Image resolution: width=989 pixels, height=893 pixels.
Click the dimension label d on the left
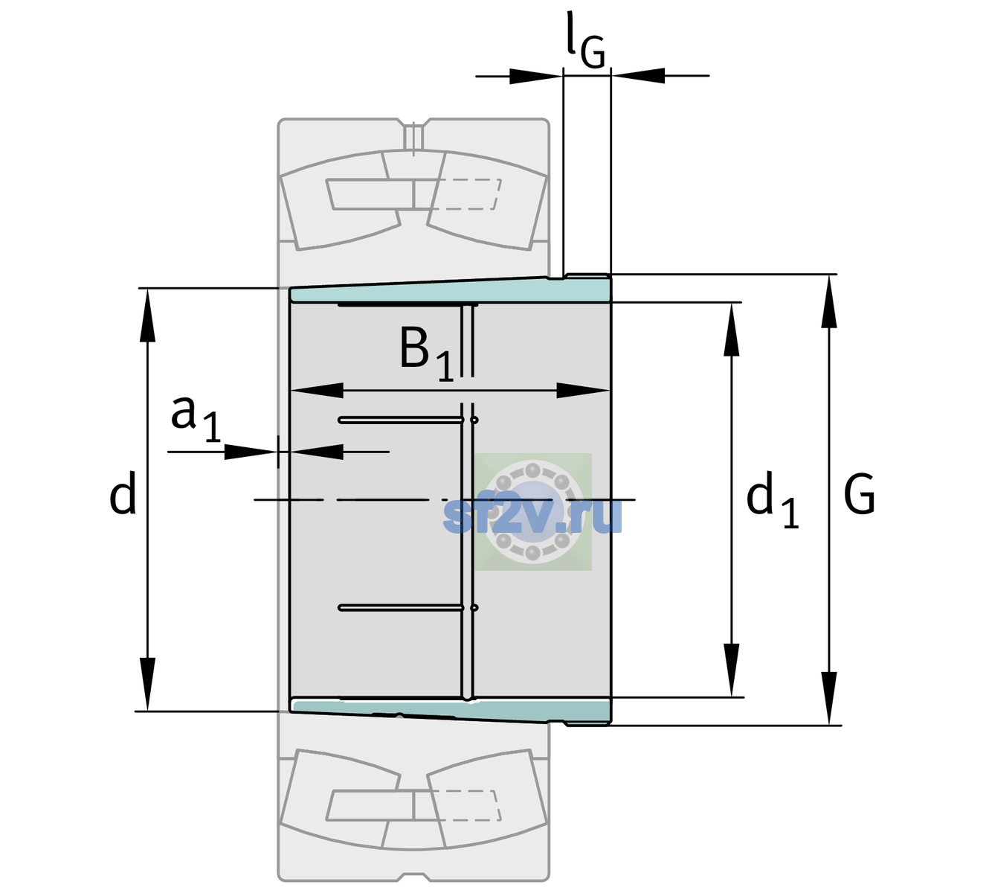click(123, 493)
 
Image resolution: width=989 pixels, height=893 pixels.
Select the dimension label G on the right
click(860, 494)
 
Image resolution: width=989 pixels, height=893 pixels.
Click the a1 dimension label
click(196, 419)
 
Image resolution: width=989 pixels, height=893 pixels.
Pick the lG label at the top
click(585, 41)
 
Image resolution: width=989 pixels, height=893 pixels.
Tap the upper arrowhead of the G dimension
click(829, 301)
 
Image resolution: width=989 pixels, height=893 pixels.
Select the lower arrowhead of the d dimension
click(147, 684)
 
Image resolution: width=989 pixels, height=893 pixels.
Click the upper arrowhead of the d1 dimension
click(731, 329)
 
